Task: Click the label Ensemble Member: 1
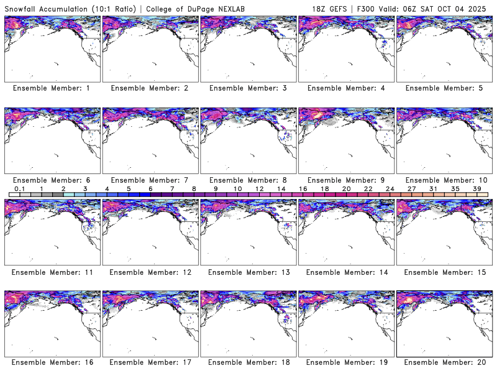52,88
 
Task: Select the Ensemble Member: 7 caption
150,180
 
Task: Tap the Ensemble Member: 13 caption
247,272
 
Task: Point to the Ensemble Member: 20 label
445,362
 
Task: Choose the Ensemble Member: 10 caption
445,180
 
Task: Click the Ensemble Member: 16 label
52,362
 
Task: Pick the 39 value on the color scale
476,188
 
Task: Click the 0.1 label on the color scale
20,188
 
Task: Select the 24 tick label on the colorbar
390,188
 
